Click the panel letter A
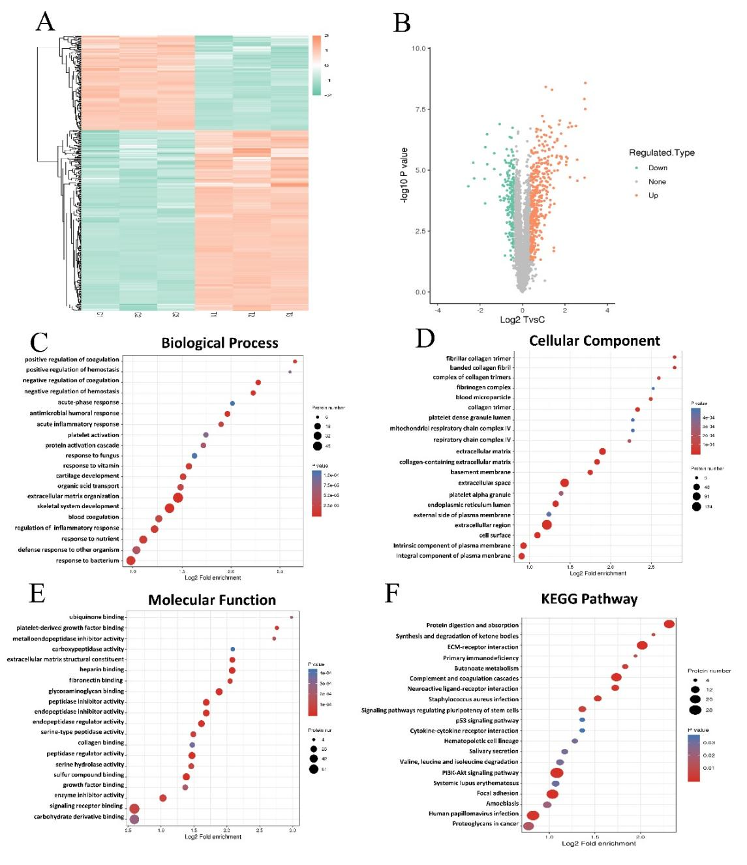tap(45, 22)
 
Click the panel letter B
tap(402, 23)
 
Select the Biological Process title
tap(220, 343)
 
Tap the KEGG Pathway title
tap(589, 599)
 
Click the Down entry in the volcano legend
tap(657, 168)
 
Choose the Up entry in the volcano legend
tap(653, 195)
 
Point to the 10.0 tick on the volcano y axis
tap(418, 48)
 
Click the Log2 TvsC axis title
tap(522, 320)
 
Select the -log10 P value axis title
tap(404, 175)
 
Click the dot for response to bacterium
tap(130, 560)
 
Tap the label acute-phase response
tap(88, 402)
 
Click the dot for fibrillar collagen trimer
tap(674, 357)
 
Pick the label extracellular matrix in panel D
tap(483, 451)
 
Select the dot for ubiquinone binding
tap(292, 617)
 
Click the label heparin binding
tap(102, 669)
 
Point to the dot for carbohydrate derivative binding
tap(134, 819)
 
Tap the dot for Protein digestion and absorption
tap(669, 624)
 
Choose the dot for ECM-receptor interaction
tap(642, 645)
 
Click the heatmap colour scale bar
tap(317, 65)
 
